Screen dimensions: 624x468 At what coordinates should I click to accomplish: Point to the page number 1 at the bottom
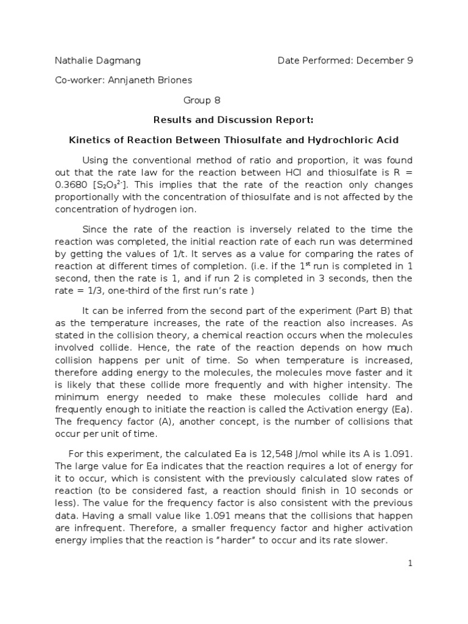411,564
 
